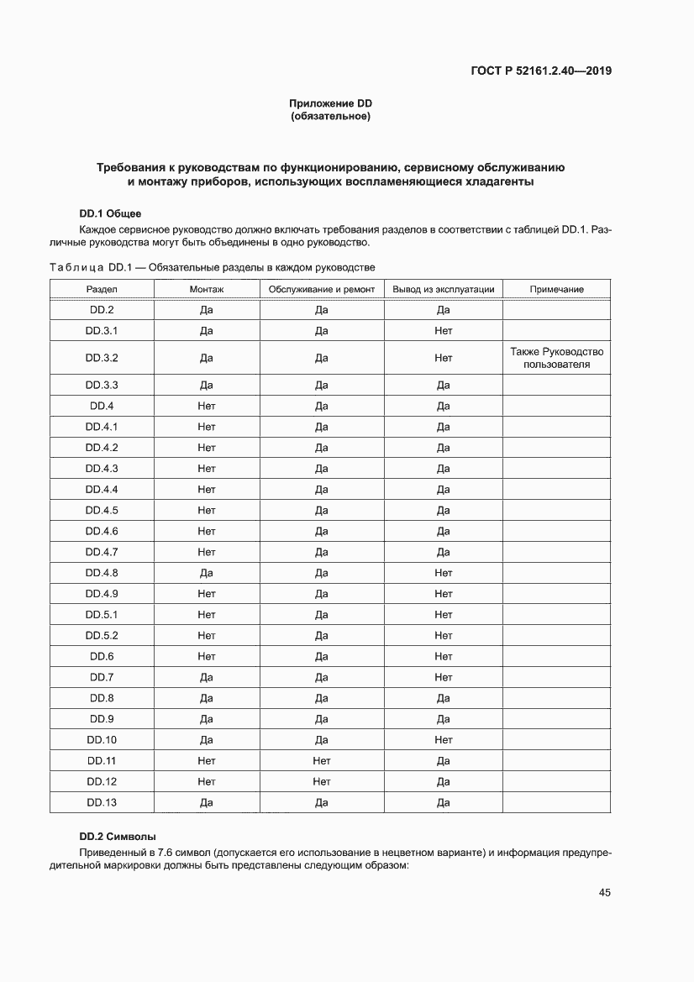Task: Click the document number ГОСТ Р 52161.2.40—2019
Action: click(541, 71)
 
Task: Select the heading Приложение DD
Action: click(330, 103)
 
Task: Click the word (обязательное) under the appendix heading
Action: click(330, 116)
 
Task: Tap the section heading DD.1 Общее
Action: click(116, 213)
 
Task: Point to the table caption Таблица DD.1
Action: click(212, 267)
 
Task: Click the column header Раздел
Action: click(102, 289)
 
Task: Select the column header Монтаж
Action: click(207, 289)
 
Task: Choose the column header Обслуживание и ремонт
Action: click(321, 289)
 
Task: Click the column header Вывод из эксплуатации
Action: click(444, 289)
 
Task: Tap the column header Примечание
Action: click(556, 289)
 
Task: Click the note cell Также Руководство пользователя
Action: click(556, 358)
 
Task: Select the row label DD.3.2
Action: click(102, 358)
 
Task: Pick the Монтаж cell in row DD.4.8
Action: click(207, 573)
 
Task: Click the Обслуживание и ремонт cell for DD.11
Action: click(321, 761)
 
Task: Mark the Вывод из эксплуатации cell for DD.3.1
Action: click(444, 331)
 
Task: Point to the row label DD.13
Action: click(102, 803)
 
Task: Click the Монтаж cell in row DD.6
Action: click(207, 657)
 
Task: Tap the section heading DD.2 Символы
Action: click(118, 837)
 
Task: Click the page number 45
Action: click(604, 893)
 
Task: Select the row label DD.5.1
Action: click(102, 615)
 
